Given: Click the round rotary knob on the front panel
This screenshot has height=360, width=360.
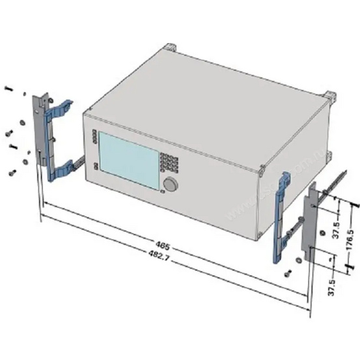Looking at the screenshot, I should [x=171, y=184].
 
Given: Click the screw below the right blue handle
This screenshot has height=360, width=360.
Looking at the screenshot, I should [x=288, y=273].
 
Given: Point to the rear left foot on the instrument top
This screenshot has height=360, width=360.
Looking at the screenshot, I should [x=171, y=48].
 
